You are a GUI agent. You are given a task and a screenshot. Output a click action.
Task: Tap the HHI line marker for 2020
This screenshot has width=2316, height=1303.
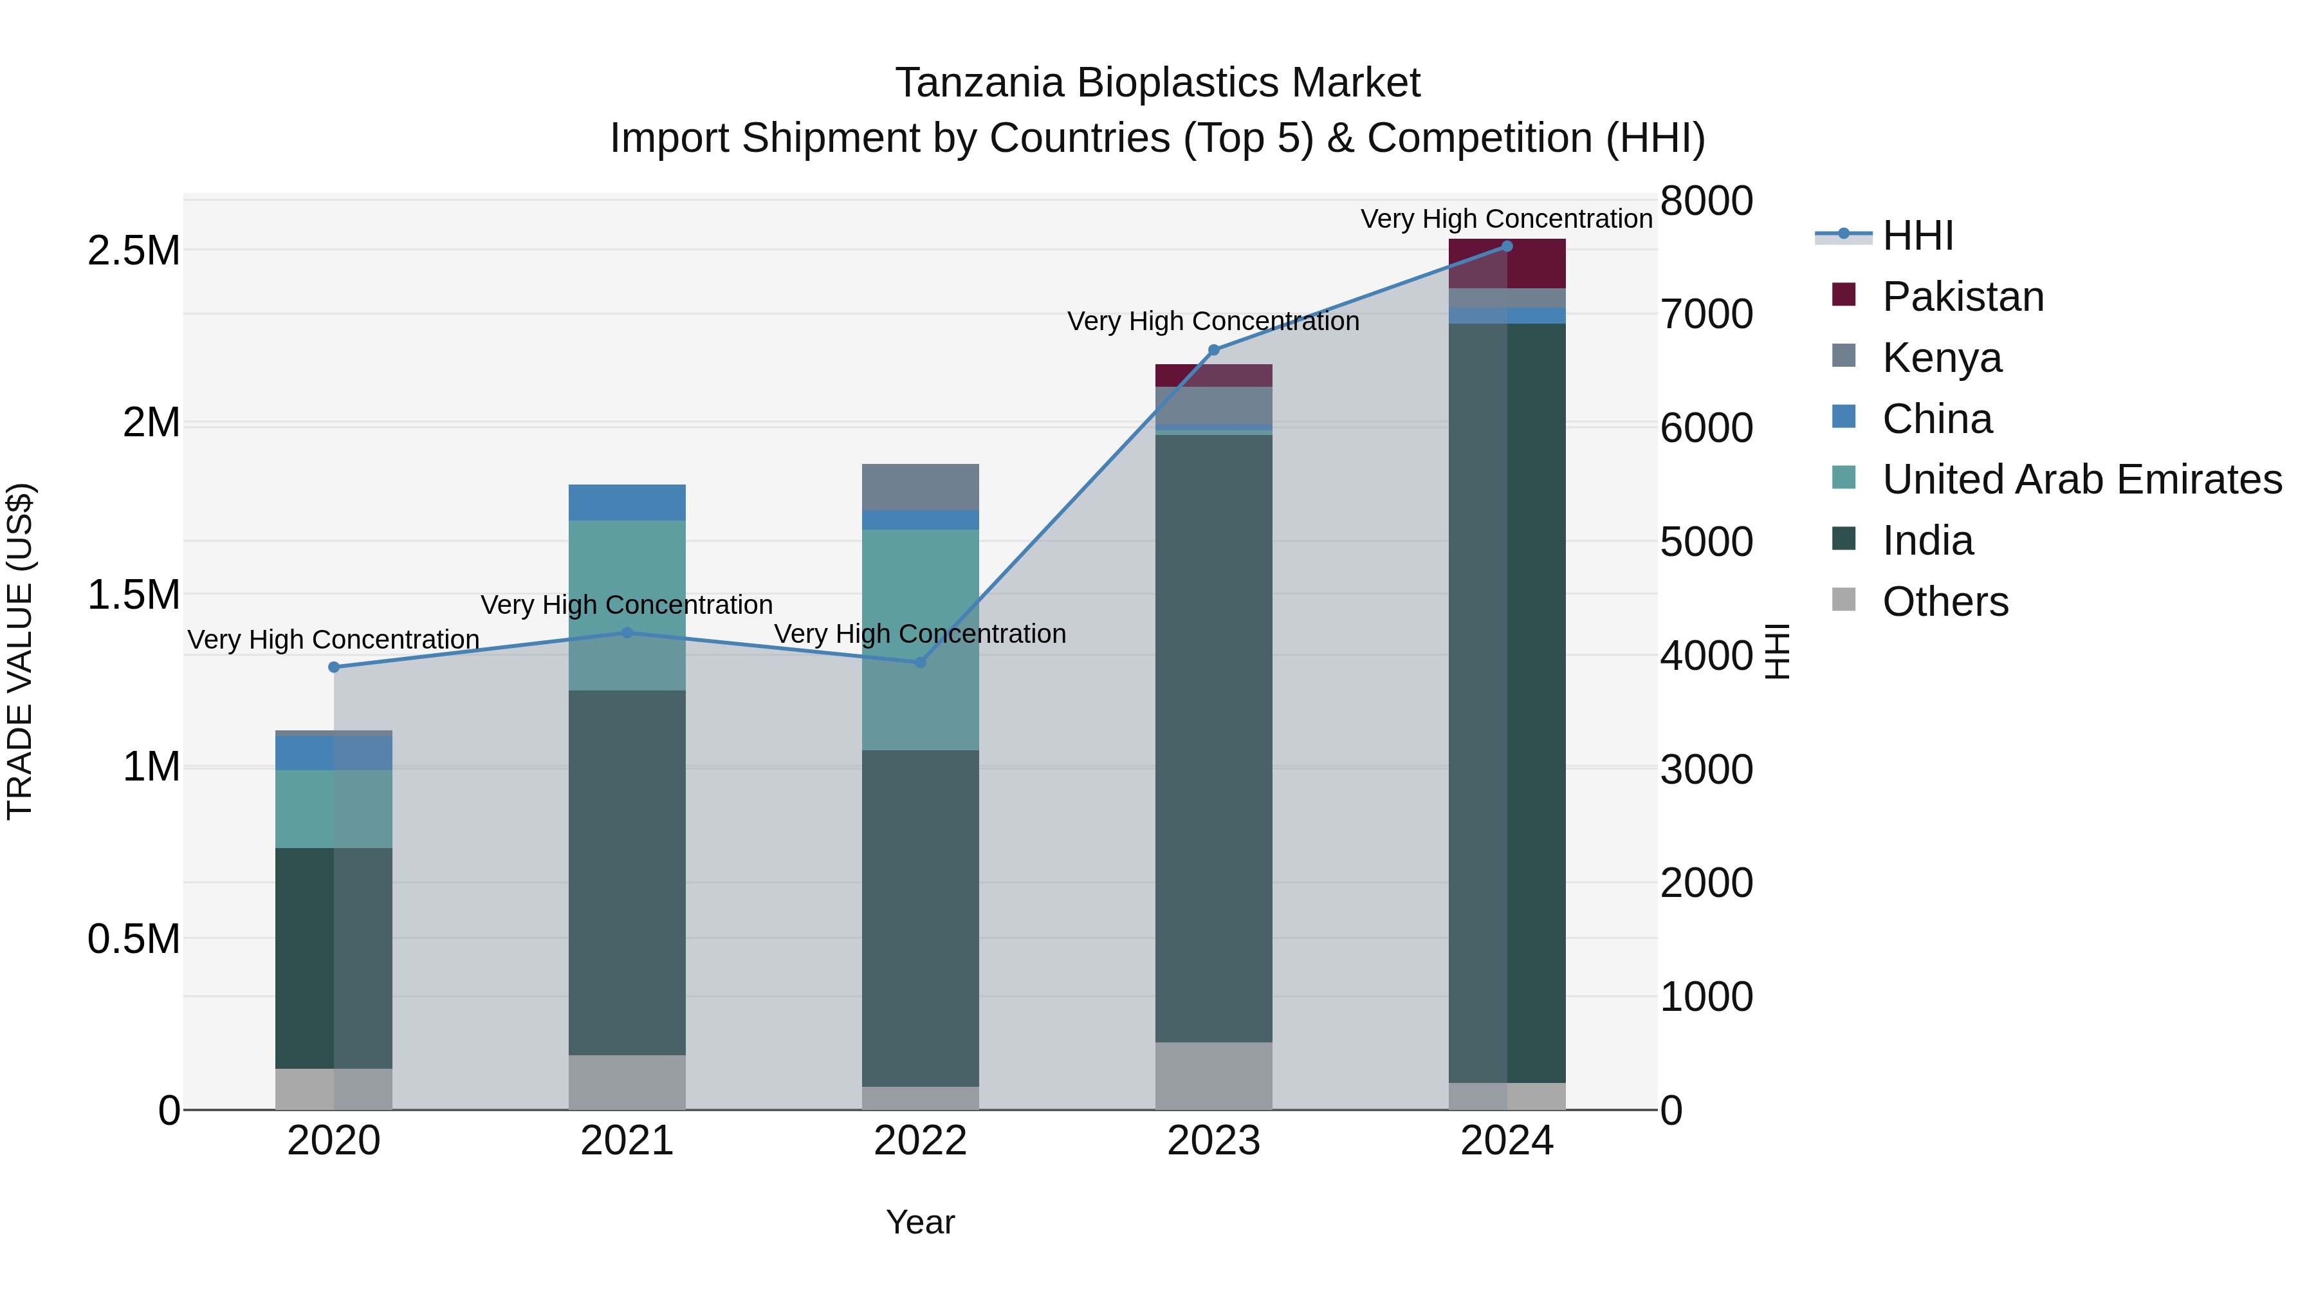point(333,667)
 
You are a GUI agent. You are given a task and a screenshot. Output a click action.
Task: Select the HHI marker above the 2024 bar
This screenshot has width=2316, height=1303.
point(1507,246)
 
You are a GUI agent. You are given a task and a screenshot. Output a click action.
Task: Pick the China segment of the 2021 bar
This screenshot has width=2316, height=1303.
point(627,503)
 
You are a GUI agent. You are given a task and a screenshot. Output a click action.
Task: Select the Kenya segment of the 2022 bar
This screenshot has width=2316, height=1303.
point(920,487)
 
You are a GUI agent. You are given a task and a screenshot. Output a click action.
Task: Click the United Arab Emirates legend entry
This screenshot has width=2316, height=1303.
point(2081,479)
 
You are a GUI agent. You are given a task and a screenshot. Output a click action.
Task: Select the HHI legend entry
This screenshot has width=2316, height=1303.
point(1917,236)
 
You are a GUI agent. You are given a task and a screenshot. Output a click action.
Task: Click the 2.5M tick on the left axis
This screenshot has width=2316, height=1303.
point(133,251)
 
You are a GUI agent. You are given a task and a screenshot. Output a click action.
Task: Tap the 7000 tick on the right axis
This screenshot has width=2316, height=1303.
point(1705,315)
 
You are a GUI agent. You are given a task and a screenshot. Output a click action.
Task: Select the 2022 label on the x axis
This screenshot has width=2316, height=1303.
point(920,1141)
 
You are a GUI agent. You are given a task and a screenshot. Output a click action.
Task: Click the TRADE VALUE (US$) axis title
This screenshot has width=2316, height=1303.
point(20,651)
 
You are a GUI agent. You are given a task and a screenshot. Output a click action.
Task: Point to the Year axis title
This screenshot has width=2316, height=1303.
point(920,1222)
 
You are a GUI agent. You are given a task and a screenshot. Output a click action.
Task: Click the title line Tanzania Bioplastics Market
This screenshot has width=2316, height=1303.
point(1157,83)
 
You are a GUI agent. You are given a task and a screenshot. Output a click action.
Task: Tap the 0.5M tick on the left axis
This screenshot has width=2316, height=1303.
point(133,939)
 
